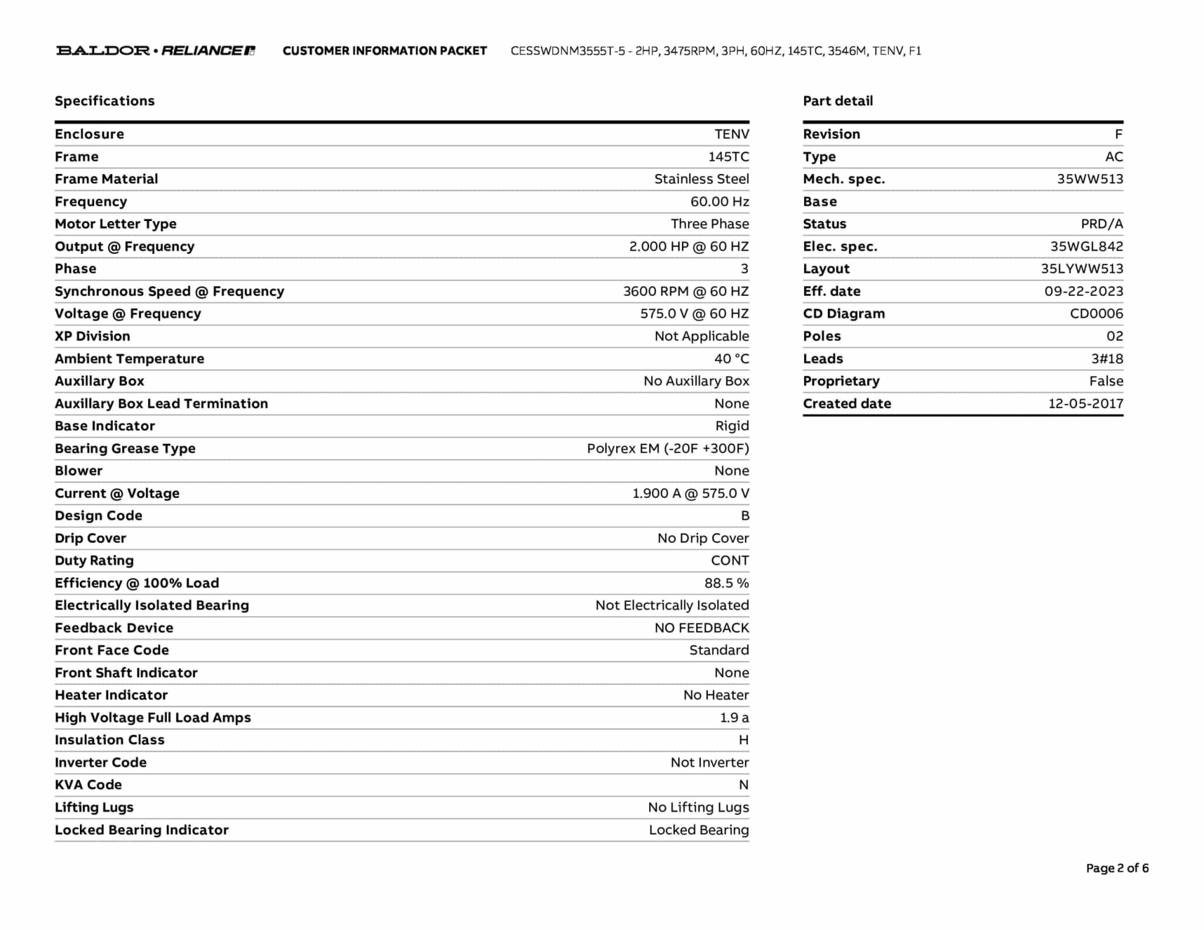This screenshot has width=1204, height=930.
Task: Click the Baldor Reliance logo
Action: coord(155,51)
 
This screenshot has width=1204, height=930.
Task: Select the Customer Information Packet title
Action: coord(384,51)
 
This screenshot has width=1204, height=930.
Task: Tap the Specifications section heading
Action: coord(105,101)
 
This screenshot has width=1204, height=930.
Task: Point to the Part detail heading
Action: coord(838,101)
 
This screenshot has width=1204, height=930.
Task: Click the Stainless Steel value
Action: coord(701,179)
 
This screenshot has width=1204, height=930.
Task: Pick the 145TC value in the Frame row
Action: coord(728,157)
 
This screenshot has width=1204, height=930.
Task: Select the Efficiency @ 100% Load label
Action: coord(137,583)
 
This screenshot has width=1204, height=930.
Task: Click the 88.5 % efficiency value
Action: coord(727,583)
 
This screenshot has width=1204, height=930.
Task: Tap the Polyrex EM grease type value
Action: coord(668,449)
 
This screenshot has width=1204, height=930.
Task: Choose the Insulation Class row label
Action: coord(109,740)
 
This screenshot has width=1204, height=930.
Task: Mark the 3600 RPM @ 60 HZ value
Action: coord(686,292)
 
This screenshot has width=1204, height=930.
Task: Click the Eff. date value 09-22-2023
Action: coord(1083,292)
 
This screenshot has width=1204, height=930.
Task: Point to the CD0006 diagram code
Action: coord(1096,314)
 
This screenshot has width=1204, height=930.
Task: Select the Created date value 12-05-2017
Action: coord(1085,404)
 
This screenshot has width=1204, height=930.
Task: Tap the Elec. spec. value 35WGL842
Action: coord(1086,247)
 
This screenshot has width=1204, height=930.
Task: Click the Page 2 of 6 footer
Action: coord(1117,868)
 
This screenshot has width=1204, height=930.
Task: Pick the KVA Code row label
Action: coord(88,785)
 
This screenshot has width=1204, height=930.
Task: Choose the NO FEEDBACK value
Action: coord(701,628)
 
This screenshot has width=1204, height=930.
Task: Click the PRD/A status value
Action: coord(1102,224)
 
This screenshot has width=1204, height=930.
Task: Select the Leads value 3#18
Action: coord(1107,359)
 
